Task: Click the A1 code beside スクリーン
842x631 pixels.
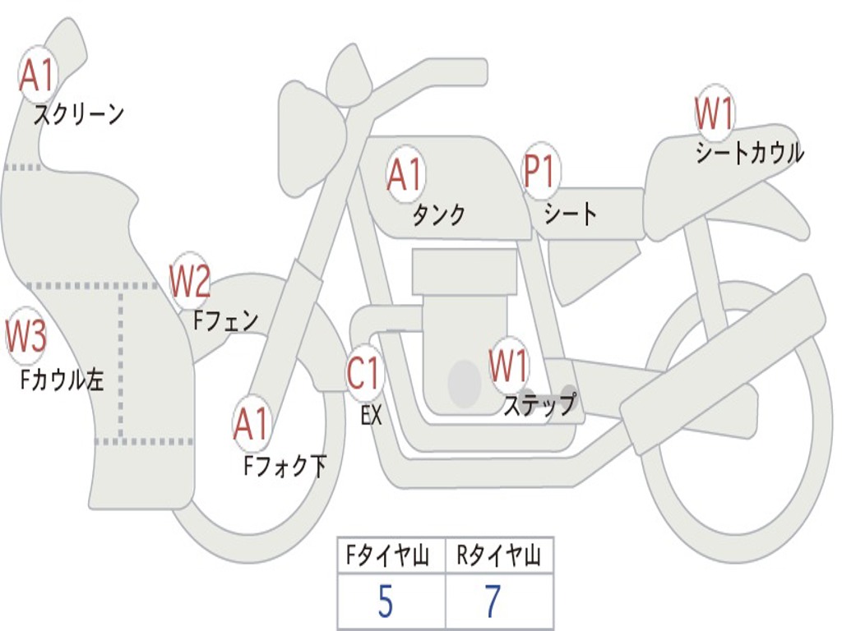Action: [x=37, y=76]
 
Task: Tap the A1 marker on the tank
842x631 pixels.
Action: [x=405, y=174]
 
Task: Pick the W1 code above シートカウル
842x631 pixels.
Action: [x=714, y=114]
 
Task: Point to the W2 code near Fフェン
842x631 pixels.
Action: [x=190, y=281]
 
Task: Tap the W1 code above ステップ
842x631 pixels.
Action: [x=509, y=366]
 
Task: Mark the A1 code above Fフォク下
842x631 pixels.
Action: [x=251, y=424]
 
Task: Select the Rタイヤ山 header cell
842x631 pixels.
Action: [x=499, y=557]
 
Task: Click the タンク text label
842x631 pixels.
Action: [x=438, y=214]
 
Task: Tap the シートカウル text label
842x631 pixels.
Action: [x=749, y=153]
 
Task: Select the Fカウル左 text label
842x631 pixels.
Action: [x=62, y=380]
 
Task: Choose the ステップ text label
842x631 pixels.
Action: [x=539, y=405]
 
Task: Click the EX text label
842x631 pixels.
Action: [x=371, y=416]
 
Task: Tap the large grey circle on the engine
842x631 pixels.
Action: [x=465, y=384]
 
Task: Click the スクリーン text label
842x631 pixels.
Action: [x=79, y=114]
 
